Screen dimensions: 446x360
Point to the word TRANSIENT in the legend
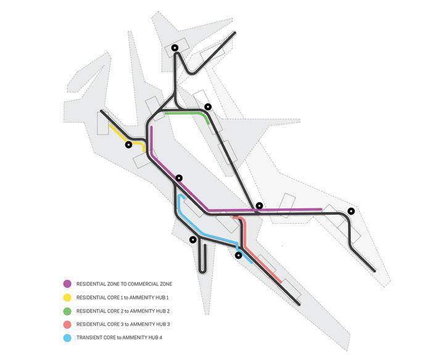coord(89,338)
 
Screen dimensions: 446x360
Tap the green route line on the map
coord(185,113)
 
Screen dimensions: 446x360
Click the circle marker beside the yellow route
coord(128,145)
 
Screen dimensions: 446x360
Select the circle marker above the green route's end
coord(208,107)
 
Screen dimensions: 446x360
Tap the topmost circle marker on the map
coord(175,47)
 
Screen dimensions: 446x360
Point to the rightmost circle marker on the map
coord(351,211)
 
